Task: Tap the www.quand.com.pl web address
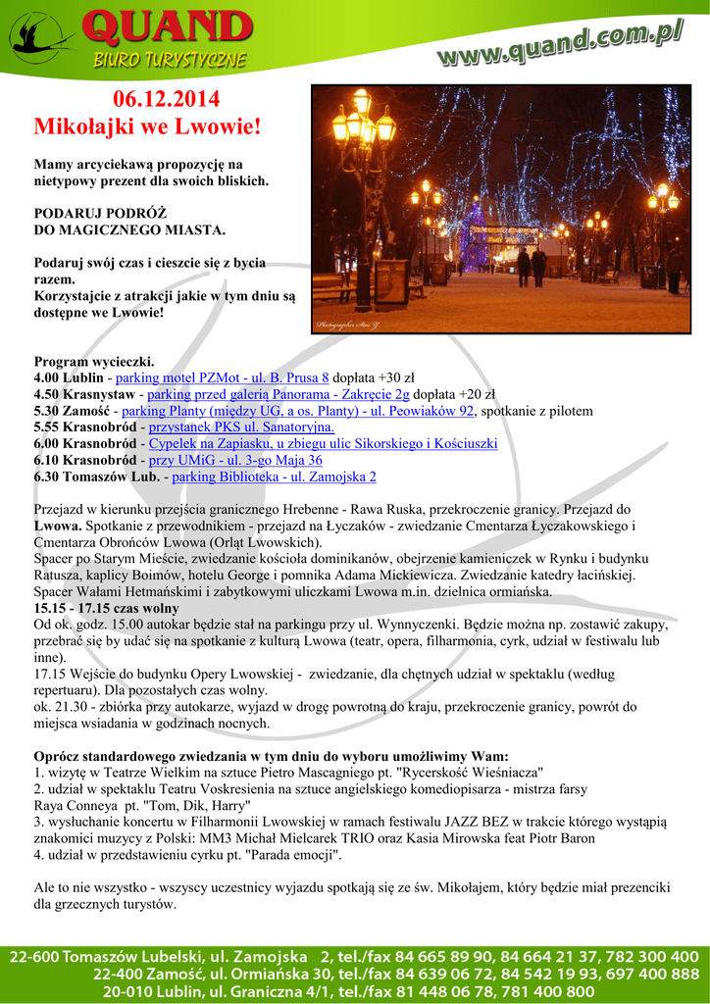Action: click(x=560, y=46)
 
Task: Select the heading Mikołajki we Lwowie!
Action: click(x=148, y=126)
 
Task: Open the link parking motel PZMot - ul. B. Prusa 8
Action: click(x=223, y=377)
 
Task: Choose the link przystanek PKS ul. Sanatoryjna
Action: click(x=241, y=427)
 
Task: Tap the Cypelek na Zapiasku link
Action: click(x=323, y=444)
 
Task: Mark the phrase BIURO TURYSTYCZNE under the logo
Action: click(x=170, y=60)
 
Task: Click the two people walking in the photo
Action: click(x=531, y=264)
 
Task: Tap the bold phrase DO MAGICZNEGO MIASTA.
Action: click(x=129, y=230)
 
